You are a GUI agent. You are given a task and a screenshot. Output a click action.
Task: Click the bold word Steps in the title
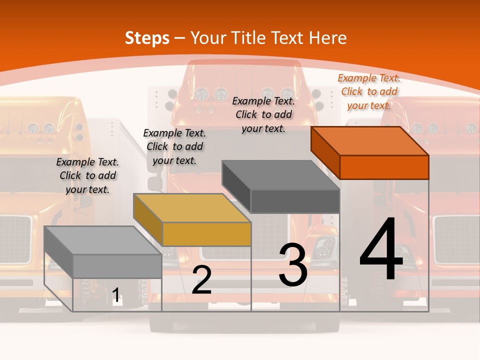[x=147, y=38]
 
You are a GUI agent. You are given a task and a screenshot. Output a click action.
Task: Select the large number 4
[x=381, y=250]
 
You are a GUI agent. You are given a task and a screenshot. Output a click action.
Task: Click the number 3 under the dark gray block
[x=292, y=265]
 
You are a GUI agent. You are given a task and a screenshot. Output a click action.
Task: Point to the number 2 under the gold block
[x=201, y=280]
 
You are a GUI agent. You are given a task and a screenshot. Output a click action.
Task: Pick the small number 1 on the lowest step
[x=116, y=295]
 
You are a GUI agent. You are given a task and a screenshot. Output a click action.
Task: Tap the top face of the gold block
[x=192, y=207]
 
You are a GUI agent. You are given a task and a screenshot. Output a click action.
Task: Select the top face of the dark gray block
[x=281, y=175]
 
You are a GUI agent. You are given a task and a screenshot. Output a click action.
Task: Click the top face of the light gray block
[x=103, y=240]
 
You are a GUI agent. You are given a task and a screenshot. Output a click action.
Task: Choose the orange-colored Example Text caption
[x=369, y=91]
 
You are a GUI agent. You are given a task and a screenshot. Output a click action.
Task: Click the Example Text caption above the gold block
[x=174, y=146]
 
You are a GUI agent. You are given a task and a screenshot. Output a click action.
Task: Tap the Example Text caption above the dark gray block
[x=263, y=114]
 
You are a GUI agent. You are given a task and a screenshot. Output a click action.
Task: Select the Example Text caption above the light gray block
[x=87, y=175]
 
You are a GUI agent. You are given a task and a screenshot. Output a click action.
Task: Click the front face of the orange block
[x=384, y=167]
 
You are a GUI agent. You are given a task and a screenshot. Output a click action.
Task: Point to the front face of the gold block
[x=206, y=234]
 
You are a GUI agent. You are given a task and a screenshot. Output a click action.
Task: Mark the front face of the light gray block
[x=117, y=266]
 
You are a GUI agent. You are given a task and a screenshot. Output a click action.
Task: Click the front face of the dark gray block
[x=295, y=201]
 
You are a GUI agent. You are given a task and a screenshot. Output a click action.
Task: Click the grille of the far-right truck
[x=456, y=239]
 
